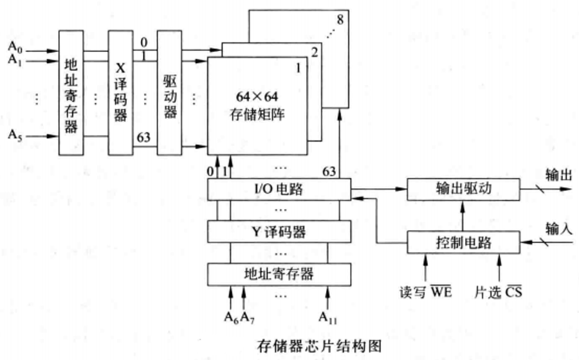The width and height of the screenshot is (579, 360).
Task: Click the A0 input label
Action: point(15,48)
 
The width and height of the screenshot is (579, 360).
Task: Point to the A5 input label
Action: point(15,136)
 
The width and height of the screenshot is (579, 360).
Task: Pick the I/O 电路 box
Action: point(279,189)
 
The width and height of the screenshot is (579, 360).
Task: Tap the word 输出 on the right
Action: point(557,174)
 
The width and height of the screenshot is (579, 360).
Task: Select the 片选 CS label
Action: point(498,291)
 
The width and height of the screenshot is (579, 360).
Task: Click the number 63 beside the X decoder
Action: point(143,136)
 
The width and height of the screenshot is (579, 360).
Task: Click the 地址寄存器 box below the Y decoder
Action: point(279,274)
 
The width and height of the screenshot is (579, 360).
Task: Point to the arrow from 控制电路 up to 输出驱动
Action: point(462,216)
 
